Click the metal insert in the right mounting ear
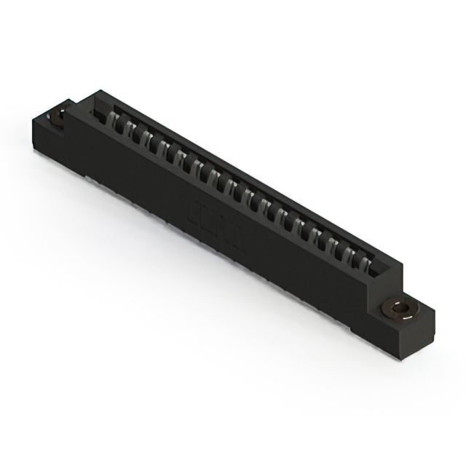tap(398, 310)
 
